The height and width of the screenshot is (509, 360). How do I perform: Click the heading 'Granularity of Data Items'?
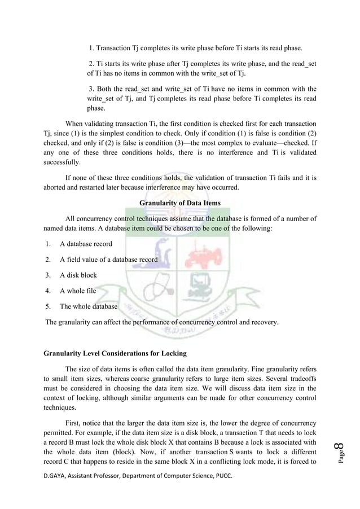click(x=179, y=204)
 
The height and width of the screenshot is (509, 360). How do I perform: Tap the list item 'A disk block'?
click(x=78, y=275)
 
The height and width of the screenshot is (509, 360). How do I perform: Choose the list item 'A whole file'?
click(x=78, y=291)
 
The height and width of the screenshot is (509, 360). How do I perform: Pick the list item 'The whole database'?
click(x=89, y=307)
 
